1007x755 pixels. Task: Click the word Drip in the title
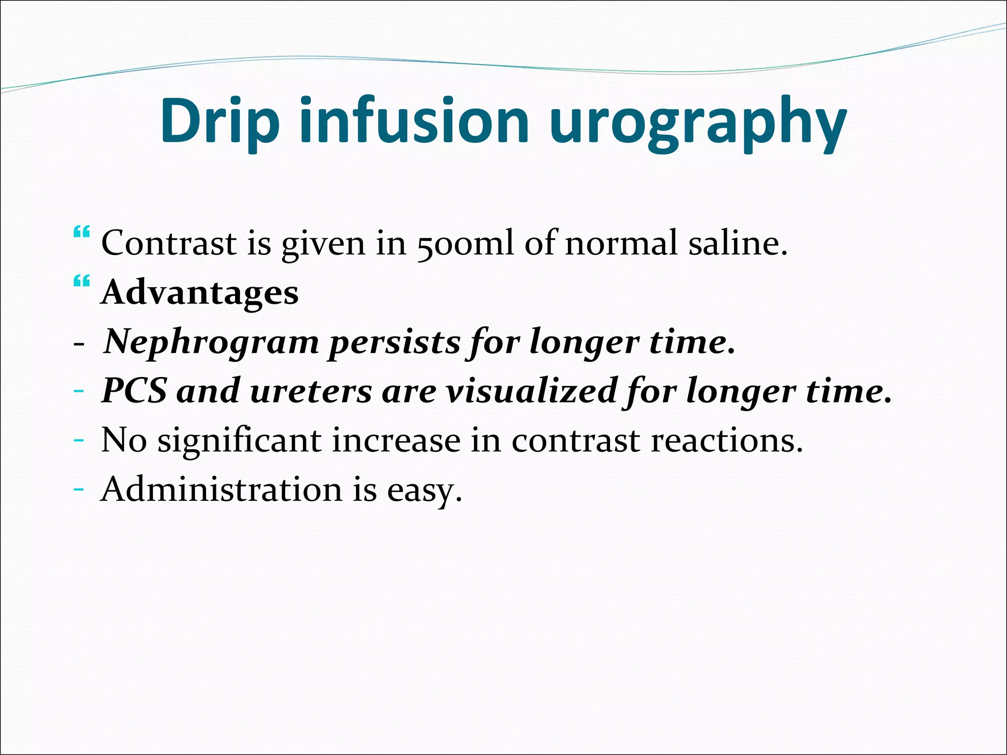point(219,121)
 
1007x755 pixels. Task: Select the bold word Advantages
point(200,292)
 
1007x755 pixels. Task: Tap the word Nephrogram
point(211,342)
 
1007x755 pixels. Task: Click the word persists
point(394,342)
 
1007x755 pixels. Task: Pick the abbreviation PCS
point(134,391)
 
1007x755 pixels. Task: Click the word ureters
point(311,392)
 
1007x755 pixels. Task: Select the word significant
point(239,441)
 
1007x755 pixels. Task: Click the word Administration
point(221,490)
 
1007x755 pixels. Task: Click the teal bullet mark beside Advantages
point(81,282)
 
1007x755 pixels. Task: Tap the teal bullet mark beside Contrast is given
point(81,232)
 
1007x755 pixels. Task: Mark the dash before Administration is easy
point(78,490)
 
